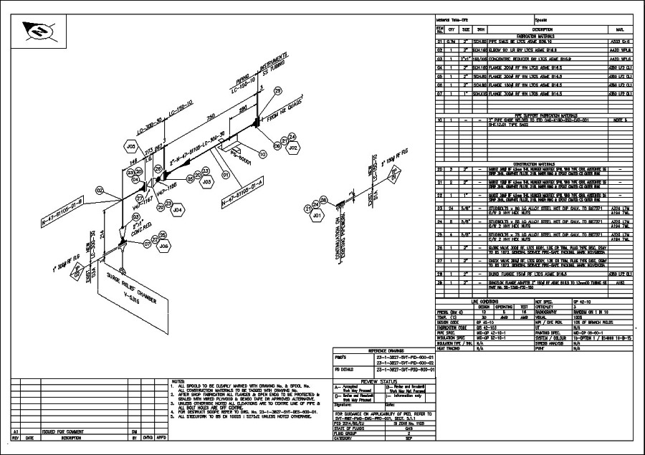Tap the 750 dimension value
tap(211, 117)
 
